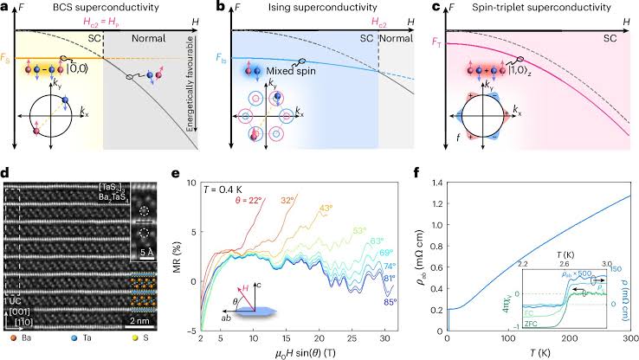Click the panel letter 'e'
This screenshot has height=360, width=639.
(177, 173)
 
